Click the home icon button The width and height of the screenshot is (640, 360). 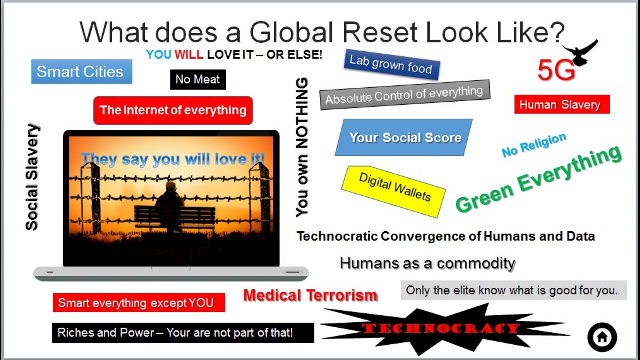602,337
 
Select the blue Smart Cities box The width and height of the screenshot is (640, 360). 82,71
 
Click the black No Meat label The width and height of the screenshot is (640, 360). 198,79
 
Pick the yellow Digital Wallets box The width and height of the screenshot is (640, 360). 393,191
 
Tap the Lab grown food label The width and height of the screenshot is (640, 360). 391,65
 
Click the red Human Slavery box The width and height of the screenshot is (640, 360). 562,104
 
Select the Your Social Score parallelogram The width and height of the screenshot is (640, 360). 404,137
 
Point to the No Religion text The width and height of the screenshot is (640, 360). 534,145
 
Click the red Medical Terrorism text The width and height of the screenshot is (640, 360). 311,295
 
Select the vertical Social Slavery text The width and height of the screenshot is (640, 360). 32,177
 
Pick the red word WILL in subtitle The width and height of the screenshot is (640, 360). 189,54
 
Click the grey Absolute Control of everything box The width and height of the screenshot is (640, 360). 405,95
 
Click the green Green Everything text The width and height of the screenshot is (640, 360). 538,179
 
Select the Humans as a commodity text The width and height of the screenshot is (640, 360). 427,263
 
